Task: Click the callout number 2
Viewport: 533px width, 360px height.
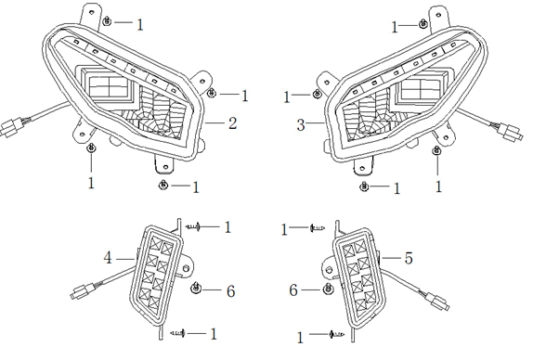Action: (232, 123)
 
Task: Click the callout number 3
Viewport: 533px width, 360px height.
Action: (301, 125)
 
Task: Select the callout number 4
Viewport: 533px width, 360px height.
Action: (108, 258)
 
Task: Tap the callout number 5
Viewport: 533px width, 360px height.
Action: (409, 258)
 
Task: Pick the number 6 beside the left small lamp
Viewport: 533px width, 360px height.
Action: (231, 291)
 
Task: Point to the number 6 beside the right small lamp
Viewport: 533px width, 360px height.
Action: (293, 290)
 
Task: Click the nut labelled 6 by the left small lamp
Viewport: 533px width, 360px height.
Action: (196, 289)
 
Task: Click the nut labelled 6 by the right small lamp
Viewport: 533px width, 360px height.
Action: (328, 289)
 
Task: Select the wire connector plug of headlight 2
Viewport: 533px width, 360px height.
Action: (9, 127)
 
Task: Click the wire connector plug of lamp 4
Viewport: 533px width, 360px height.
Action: (81, 292)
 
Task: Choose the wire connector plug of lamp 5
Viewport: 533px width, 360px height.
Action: (439, 302)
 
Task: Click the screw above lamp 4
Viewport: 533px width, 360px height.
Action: (193, 226)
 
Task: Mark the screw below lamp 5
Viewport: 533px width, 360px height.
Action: (336, 335)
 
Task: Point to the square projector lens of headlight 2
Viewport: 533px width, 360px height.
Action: (110, 86)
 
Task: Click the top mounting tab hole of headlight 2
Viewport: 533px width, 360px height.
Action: (91, 12)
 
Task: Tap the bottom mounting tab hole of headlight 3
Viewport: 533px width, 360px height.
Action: (362, 168)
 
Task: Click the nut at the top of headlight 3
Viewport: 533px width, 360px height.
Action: (422, 24)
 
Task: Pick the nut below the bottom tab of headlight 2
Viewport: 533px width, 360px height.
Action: (163, 185)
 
